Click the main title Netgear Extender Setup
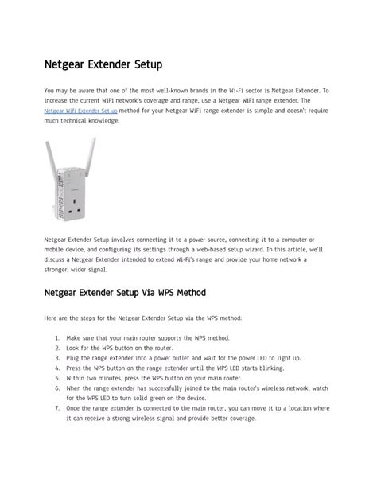coord(103,63)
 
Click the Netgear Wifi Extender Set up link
coord(80,111)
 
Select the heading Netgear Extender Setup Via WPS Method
coord(125,293)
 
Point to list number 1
coord(58,337)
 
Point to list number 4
coord(58,368)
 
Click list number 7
coord(58,408)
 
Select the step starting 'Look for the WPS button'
coord(119,348)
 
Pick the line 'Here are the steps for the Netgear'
coord(143,318)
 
